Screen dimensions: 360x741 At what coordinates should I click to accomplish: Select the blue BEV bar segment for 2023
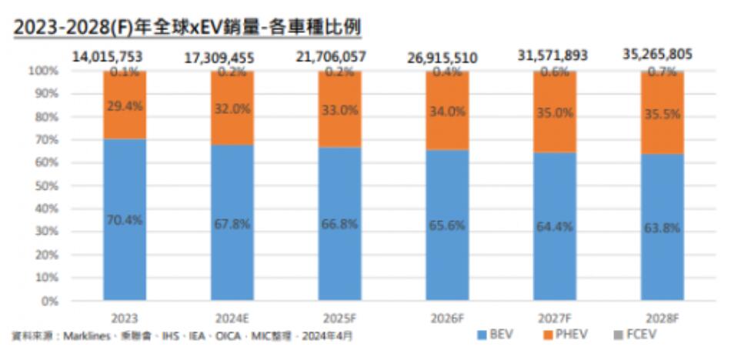click(125, 254)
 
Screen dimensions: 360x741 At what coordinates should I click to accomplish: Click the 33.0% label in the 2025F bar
click(339, 110)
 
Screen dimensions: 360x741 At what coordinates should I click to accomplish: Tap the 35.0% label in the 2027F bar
click(555, 112)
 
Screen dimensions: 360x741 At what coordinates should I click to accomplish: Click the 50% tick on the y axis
click(48, 185)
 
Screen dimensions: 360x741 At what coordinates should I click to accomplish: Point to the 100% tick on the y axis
click(45, 71)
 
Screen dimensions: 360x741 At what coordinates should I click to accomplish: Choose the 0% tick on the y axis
click(50, 301)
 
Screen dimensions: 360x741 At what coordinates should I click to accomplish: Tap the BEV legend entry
click(496, 335)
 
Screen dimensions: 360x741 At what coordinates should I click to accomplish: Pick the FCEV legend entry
click(637, 335)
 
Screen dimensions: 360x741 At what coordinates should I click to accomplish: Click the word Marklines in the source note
click(90, 336)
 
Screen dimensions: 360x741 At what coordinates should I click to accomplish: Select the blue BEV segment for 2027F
click(555, 254)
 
